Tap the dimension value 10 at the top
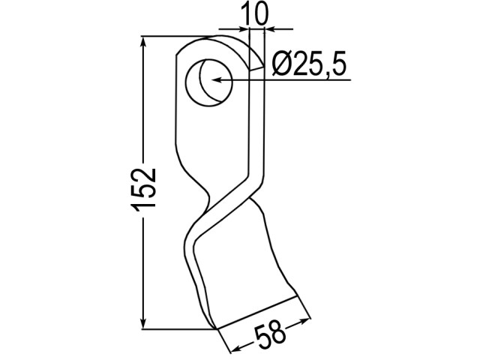point(255,13)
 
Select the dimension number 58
point(270,335)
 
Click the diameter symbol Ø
point(282,64)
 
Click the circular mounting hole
point(209,82)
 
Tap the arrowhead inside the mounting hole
point(217,80)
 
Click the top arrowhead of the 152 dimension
point(142,42)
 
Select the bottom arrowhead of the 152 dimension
point(142,323)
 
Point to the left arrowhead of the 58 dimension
point(236,348)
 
